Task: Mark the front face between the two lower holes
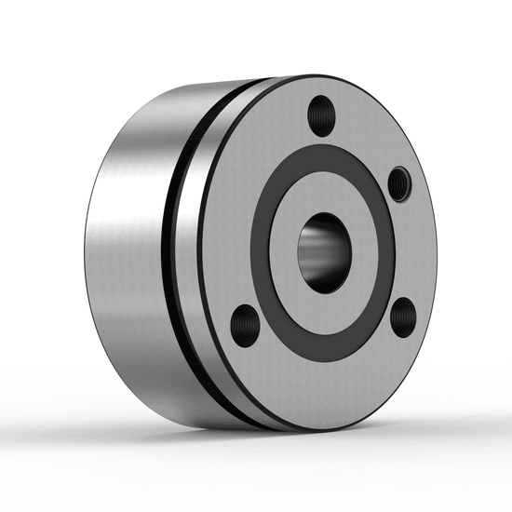[x=326, y=386]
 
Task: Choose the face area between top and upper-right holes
[x=368, y=130]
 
